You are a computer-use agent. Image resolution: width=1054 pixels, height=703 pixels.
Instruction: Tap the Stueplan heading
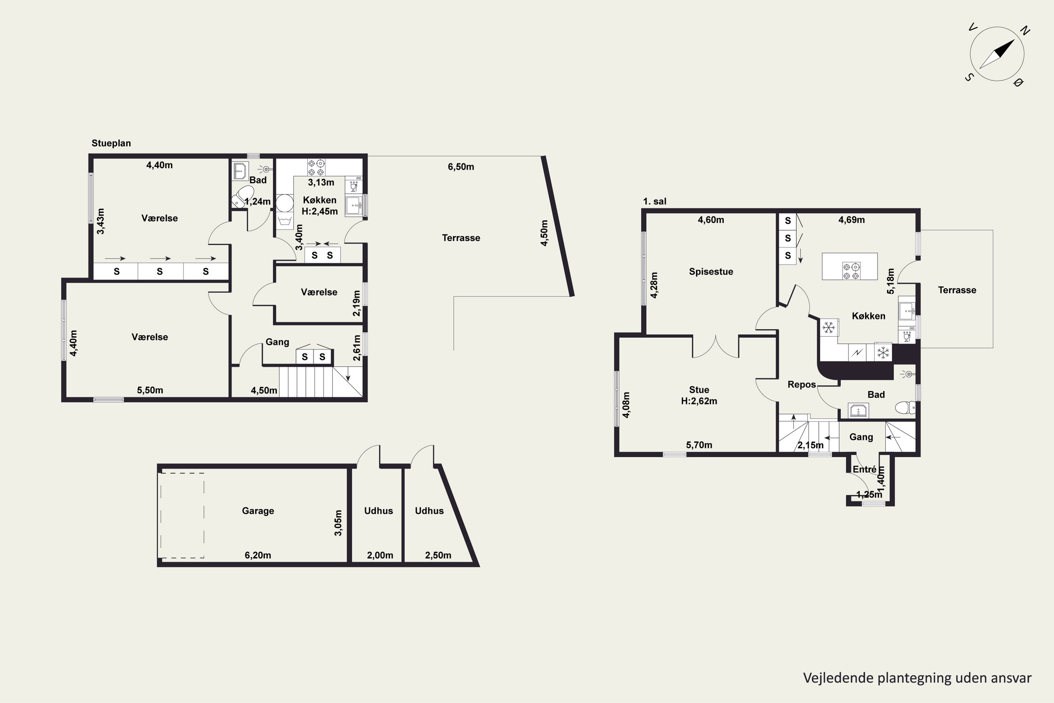pyautogui.click(x=111, y=143)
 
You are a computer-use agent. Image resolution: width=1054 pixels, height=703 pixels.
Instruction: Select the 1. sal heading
pyautogui.click(x=655, y=201)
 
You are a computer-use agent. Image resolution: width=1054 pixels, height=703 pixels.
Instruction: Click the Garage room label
pyautogui.click(x=258, y=511)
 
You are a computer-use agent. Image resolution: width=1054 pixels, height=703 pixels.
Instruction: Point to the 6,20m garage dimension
pyautogui.click(x=258, y=555)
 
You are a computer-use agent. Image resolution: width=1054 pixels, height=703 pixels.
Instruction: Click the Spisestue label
pyautogui.click(x=711, y=271)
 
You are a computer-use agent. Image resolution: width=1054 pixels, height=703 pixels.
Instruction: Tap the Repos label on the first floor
pyautogui.click(x=802, y=384)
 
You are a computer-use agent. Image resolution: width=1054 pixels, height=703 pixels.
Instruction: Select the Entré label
pyautogui.click(x=864, y=469)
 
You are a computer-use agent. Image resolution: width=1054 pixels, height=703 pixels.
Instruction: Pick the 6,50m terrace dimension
pyautogui.click(x=461, y=167)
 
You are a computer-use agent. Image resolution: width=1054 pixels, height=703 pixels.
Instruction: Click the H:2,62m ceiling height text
pyautogui.click(x=699, y=401)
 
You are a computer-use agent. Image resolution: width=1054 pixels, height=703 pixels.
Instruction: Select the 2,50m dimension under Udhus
pyautogui.click(x=438, y=555)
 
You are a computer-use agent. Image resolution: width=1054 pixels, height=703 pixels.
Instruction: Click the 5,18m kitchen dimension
pyautogui.click(x=890, y=281)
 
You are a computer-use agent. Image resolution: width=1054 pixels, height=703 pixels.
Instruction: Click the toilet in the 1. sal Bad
pyautogui.click(x=905, y=407)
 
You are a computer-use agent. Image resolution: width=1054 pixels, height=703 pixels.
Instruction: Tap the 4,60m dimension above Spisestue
pyautogui.click(x=711, y=220)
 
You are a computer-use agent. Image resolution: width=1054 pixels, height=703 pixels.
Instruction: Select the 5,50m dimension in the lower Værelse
pyautogui.click(x=150, y=390)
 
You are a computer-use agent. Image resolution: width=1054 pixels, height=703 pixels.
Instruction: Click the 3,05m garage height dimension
pyautogui.click(x=338, y=523)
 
